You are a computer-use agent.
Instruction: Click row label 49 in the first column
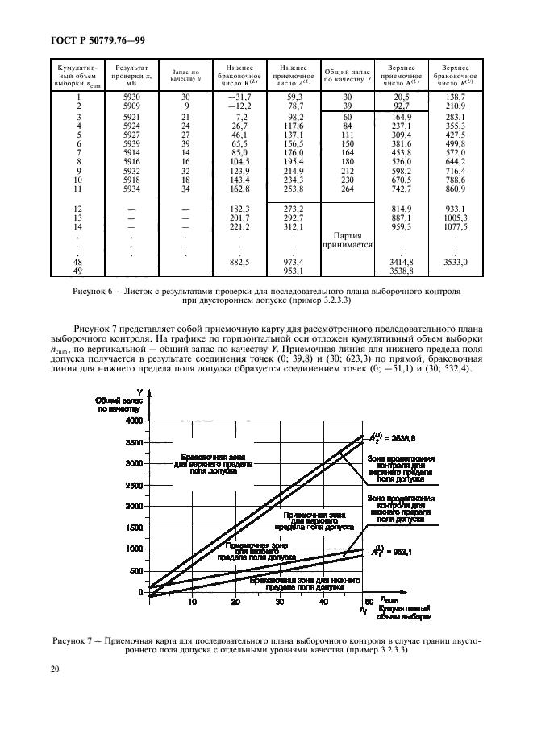pyautogui.click(x=79, y=271)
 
